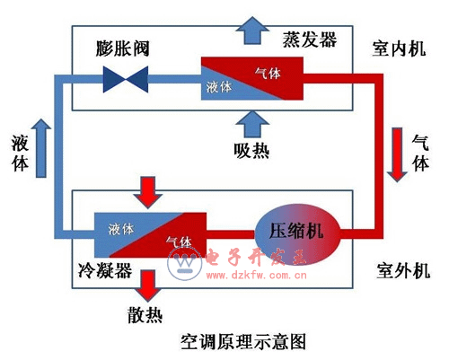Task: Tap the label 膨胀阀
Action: (x=122, y=46)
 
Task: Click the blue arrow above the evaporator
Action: (x=250, y=31)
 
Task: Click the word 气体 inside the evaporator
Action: (x=269, y=73)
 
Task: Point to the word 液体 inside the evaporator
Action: (x=220, y=87)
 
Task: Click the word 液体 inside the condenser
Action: (x=121, y=228)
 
